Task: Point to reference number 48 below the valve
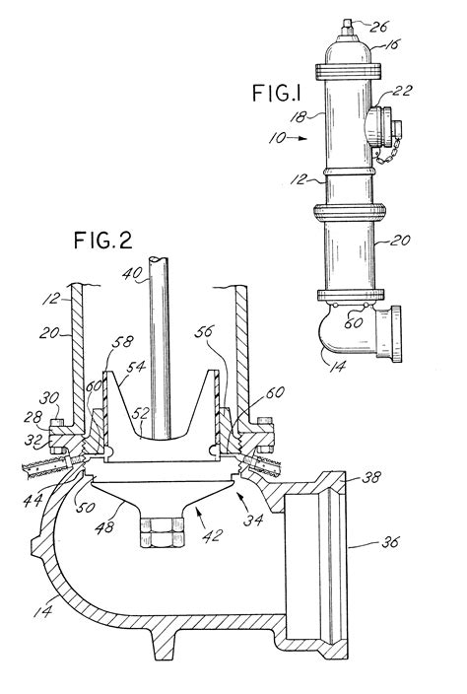[x=103, y=510]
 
